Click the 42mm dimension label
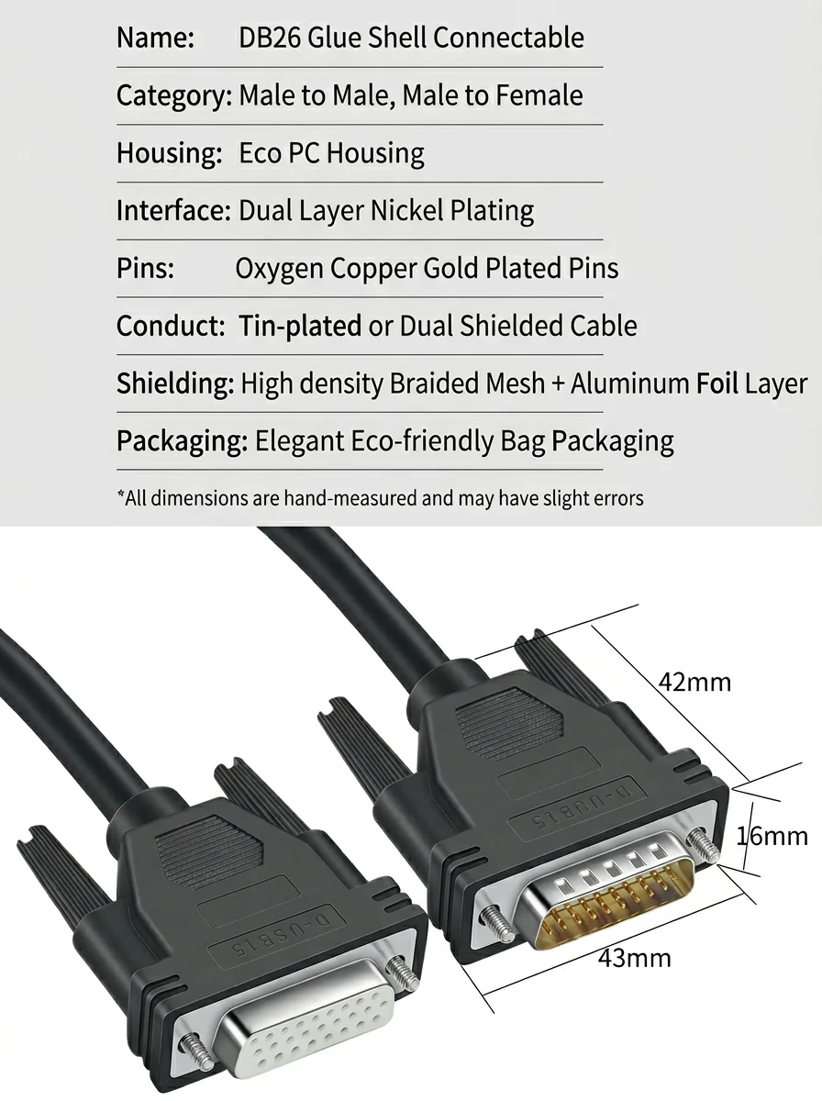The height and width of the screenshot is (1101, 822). tap(694, 683)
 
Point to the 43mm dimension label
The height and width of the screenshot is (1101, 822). tap(634, 958)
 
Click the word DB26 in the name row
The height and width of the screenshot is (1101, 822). tap(269, 38)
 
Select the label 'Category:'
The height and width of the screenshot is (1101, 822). tap(174, 95)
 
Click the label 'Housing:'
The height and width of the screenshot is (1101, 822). tap(169, 153)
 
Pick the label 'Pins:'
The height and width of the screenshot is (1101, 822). tap(146, 268)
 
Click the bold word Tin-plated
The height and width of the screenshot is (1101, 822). tap(300, 326)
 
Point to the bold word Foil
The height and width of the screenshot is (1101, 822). tap(717, 384)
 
